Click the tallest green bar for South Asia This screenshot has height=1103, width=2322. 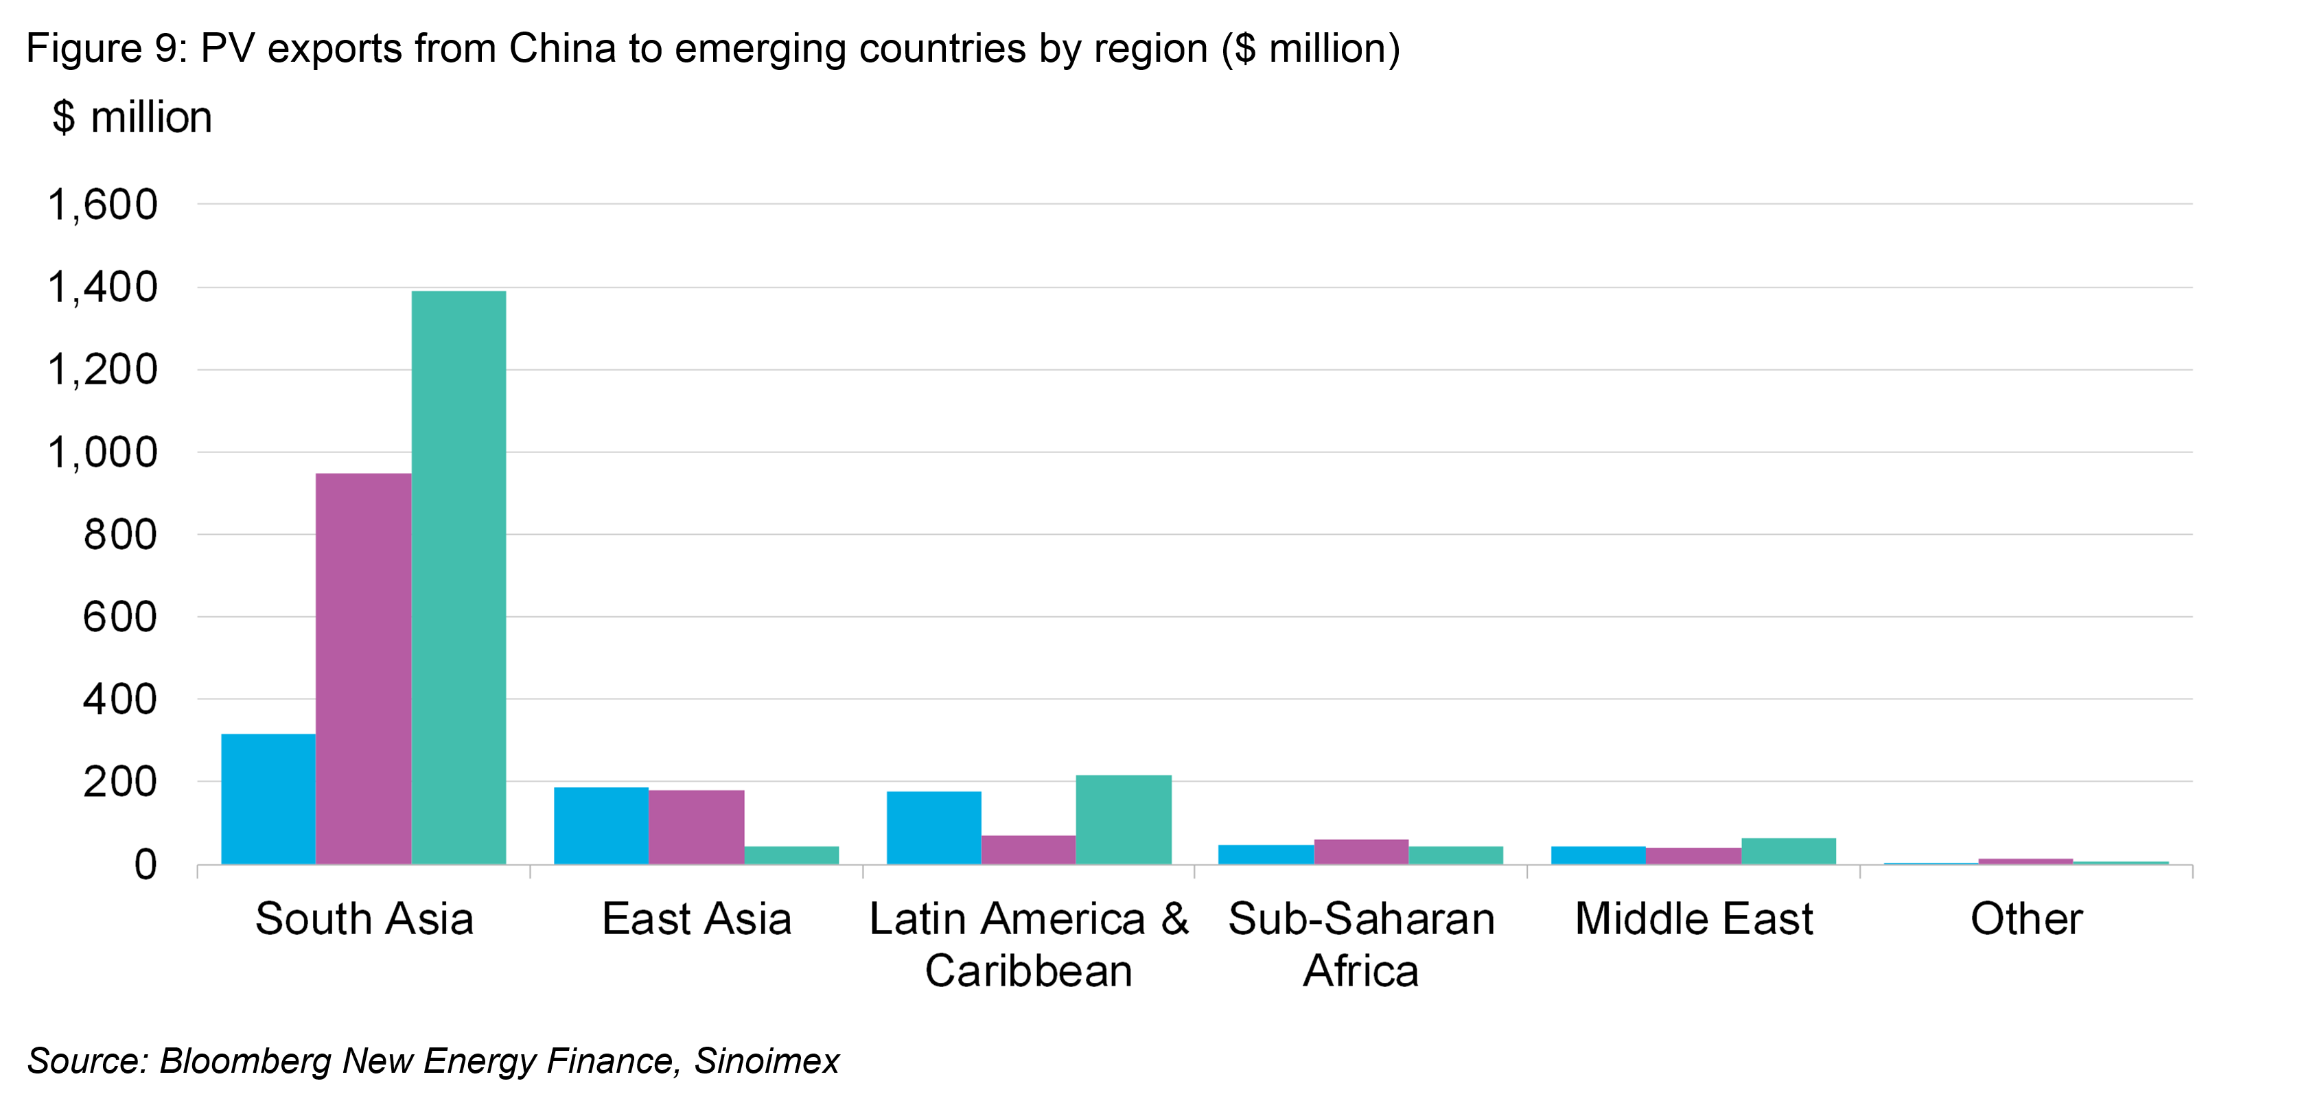[x=458, y=577]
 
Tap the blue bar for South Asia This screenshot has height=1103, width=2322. [x=268, y=798]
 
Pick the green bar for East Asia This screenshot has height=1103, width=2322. [x=791, y=855]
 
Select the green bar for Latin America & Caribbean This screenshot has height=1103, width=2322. [x=1123, y=819]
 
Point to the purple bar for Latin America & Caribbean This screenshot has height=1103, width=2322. [x=1028, y=849]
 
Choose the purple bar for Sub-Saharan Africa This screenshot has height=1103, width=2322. [x=1361, y=852]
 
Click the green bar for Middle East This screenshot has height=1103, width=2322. [x=1789, y=850]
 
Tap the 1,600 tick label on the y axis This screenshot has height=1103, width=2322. [x=102, y=205]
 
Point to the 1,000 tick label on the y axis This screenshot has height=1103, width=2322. [x=102, y=453]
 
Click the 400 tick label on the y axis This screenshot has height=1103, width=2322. [x=120, y=700]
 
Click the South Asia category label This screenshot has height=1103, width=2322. [x=364, y=919]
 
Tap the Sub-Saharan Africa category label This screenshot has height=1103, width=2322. [x=1361, y=944]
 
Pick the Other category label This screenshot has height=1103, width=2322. [x=2026, y=919]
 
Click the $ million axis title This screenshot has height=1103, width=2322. [x=132, y=118]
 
